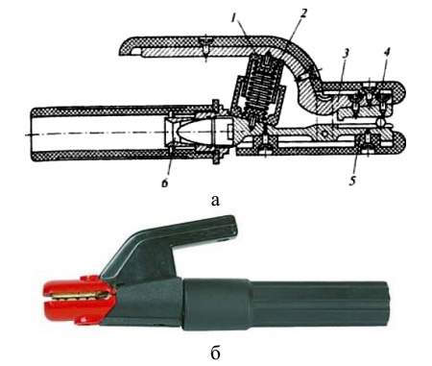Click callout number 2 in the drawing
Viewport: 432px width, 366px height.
click(x=303, y=13)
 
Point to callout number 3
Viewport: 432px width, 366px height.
click(x=346, y=55)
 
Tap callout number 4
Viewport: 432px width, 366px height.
click(x=387, y=54)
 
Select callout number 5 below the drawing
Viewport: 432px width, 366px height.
click(x=352, y=181)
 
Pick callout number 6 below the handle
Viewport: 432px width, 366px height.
click(x=165, y=183)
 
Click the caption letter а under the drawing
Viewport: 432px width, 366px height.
click(x=216, y=201)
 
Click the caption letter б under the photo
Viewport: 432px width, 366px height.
click(x=216, y=353)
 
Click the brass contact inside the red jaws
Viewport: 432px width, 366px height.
click(x=83, y=297)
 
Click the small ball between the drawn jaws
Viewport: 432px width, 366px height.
click(x=380, y=122)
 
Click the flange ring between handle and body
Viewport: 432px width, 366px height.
click(x=216, y=133)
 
